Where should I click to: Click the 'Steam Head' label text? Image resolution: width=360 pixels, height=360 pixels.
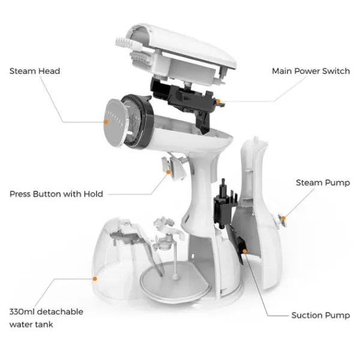35,71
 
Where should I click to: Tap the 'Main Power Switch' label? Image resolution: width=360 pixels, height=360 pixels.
311,71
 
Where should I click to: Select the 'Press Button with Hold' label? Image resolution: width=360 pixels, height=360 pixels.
56,194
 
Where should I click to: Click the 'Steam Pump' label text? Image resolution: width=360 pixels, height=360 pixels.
323,183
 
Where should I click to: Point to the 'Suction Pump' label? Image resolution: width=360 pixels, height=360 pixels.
320,316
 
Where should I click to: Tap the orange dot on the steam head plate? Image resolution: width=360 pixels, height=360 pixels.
106,122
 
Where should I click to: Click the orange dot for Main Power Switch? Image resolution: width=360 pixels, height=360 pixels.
218,101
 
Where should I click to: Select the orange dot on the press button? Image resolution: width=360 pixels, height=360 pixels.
168,172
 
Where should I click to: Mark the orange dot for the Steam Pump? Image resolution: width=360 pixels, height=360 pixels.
284,218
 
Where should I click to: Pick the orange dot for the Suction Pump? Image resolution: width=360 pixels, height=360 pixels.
245,251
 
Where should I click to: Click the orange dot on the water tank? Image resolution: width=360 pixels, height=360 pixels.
95,279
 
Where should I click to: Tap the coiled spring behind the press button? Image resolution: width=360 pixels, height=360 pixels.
183,160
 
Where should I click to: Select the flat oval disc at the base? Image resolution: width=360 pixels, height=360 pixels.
175,281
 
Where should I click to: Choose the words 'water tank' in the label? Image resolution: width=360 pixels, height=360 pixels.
31,325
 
